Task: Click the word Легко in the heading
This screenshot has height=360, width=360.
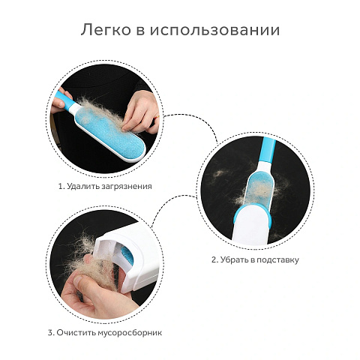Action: click(106, 30)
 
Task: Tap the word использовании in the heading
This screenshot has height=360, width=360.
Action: click(214, 30)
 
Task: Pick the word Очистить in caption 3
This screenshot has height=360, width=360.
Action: click(76, 333)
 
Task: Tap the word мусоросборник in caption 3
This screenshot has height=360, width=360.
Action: click(130, 333)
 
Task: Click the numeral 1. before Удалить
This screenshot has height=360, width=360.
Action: click(61, 187)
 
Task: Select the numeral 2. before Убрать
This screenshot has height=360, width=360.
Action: click(215, 259)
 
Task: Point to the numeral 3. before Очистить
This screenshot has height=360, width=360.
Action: click(51, 333)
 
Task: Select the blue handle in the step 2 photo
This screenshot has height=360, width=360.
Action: click(267, 149)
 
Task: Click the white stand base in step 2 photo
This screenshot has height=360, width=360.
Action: click(252, 226)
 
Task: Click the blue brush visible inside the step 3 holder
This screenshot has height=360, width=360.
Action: click(127, 257)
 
